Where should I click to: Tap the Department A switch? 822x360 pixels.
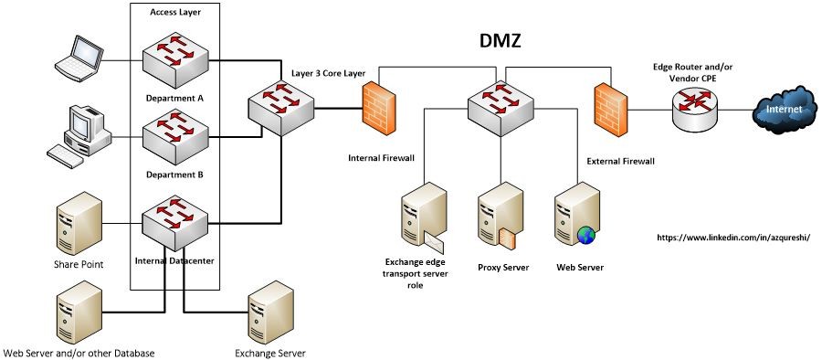click(x=174, y=59)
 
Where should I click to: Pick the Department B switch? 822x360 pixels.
click(x=174, y=137)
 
